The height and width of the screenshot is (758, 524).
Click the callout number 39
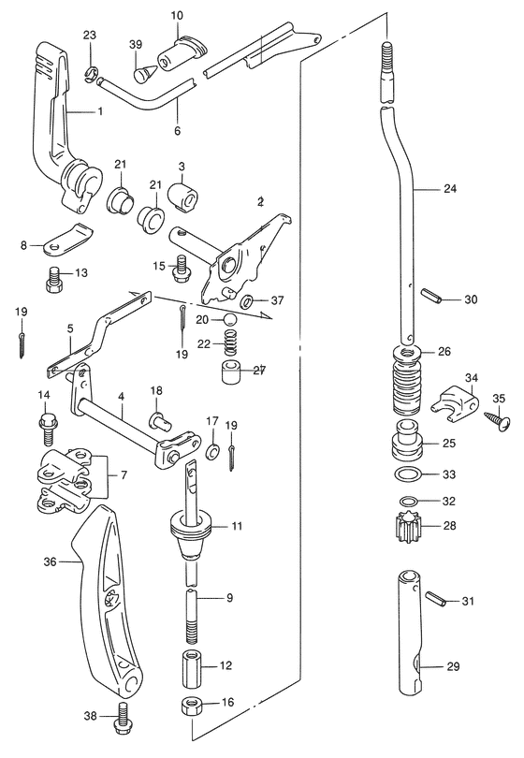coord(136,45)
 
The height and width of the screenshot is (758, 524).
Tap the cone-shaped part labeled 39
coord(142,72)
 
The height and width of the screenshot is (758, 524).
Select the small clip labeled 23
coord(90,72)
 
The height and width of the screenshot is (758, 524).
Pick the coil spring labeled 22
coord(232,343)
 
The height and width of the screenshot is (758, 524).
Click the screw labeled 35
coord(498,421)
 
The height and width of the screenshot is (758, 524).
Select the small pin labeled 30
coord(430,296)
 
